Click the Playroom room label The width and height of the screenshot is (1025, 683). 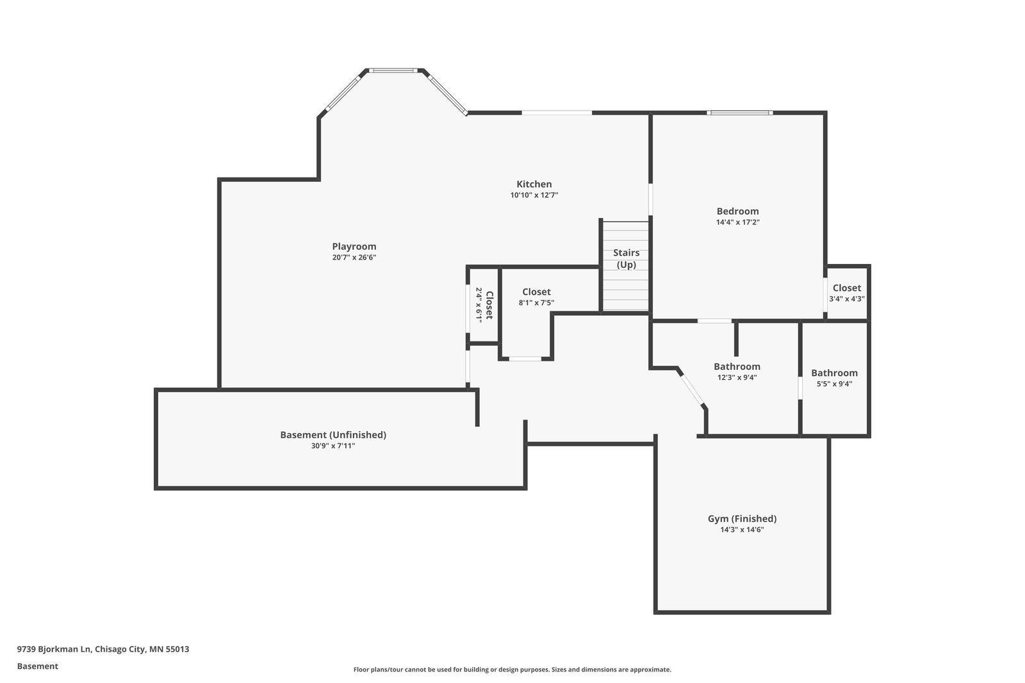(x=354, y=246)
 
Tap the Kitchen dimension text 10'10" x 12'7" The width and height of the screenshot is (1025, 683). (x=534, y=195)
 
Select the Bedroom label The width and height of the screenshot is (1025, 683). (x=737, y=211)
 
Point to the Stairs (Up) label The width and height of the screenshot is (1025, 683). (x=627, y=259)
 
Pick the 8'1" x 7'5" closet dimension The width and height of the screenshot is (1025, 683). (x=536, y=302)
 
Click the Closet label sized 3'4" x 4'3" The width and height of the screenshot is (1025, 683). (x=846, y=288)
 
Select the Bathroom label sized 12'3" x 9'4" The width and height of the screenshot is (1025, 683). (x=737, y=366)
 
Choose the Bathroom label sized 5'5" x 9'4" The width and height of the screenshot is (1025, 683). (x=834, y=373)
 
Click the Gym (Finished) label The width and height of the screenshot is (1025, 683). (x=742, y=519)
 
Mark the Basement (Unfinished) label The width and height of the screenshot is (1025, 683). (x=333, y=435)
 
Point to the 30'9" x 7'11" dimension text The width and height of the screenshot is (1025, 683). (x=333, y=446)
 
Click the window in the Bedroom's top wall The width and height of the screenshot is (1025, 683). (x=739, y=113)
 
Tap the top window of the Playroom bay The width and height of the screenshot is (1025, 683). (x=393, y=70)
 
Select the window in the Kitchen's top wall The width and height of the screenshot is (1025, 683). (x=557, y=113)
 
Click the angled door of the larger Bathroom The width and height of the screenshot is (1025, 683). (x=691, y=390)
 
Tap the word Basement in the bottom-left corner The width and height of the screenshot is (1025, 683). (x=38, y=666)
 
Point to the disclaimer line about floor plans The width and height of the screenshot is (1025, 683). (x=512, y=670)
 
